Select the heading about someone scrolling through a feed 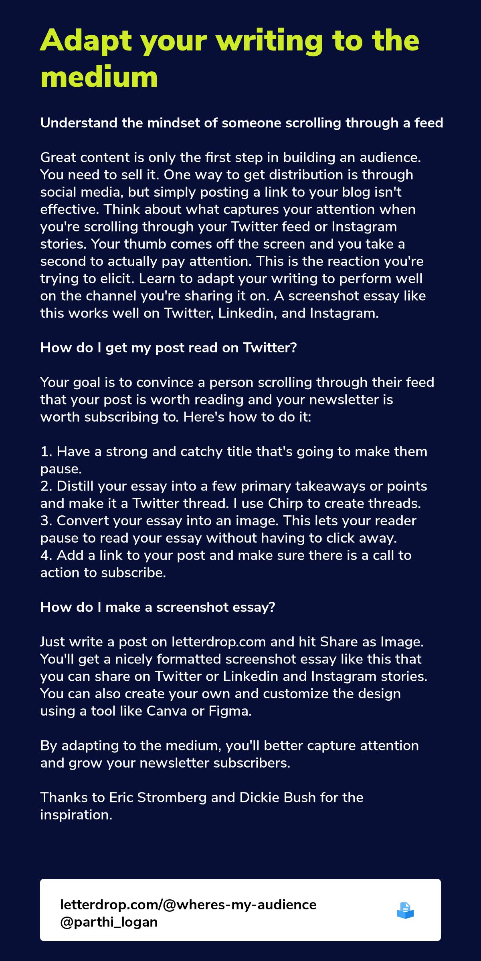pos(242,123)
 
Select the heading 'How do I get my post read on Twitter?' pos(168,348)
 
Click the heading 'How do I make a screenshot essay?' pos(158,607)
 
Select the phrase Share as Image pos(371,642)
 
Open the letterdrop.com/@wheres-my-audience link pos(188,905)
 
